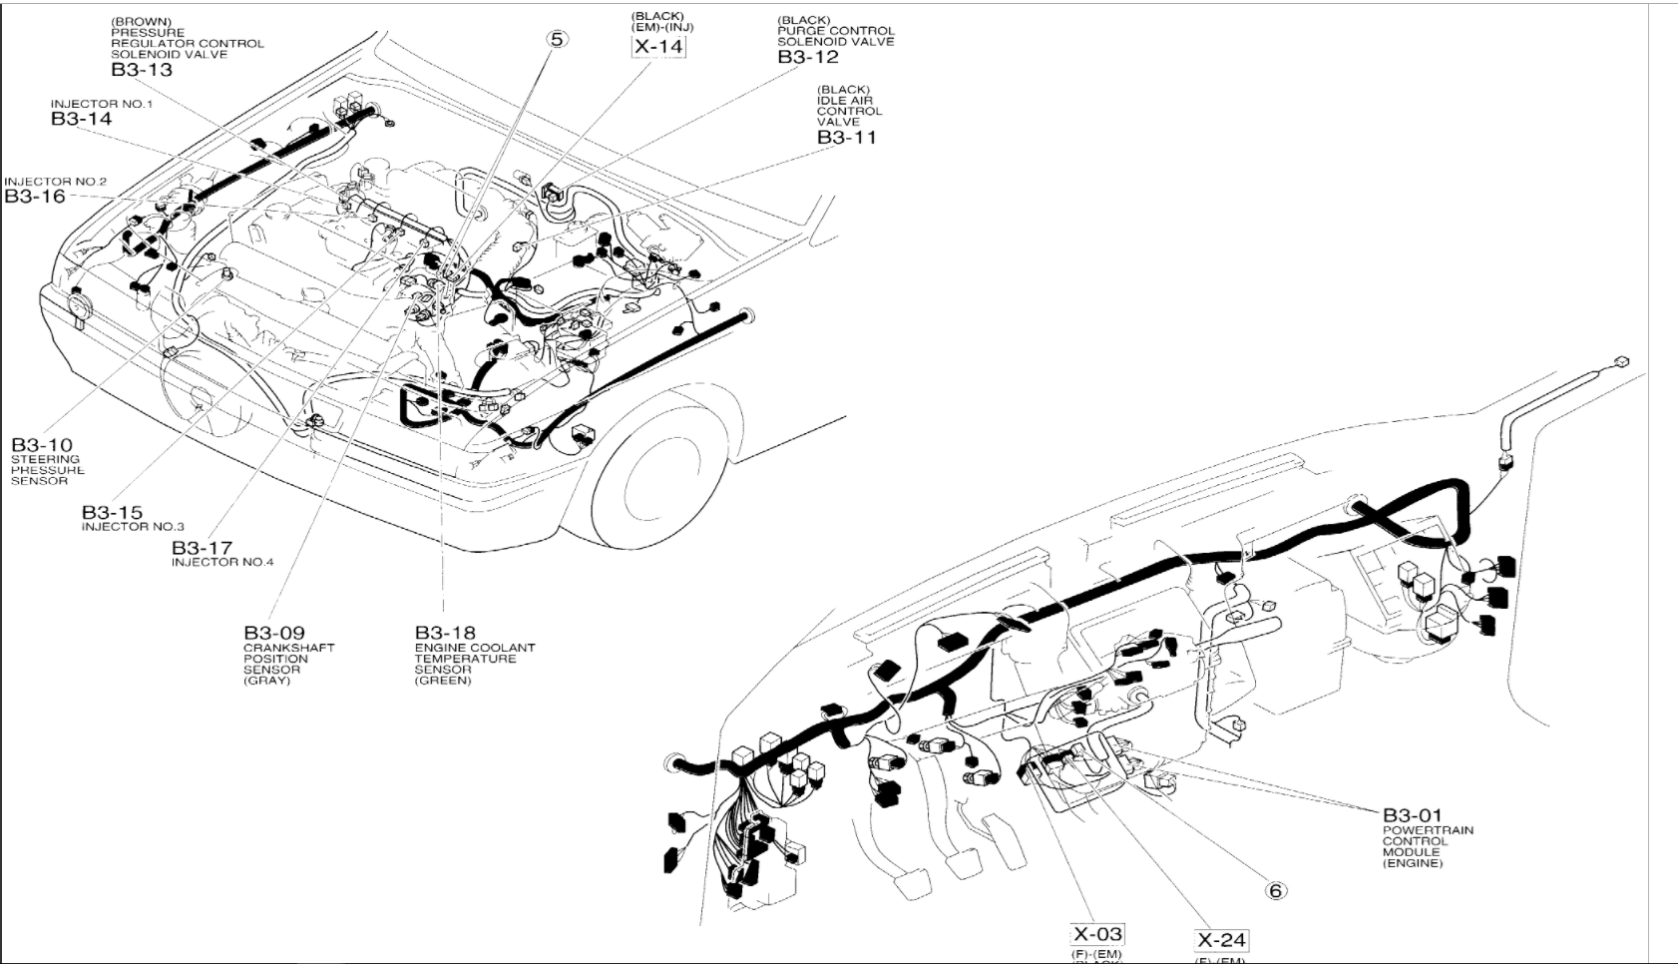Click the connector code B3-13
142,70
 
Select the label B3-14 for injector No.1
81,119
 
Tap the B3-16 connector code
35,197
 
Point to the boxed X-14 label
659,46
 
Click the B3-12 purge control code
808,57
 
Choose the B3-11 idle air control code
846,138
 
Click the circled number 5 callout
557,40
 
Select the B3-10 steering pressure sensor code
42,445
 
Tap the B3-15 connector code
112,513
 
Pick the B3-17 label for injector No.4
202,548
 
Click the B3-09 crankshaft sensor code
274,633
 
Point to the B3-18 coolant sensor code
445,633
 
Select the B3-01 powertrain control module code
1412,815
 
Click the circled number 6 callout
1276,890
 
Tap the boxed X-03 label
1096,934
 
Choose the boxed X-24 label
1221,939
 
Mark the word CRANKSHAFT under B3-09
289,648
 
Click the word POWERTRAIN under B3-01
1428,830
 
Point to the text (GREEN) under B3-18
443,681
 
